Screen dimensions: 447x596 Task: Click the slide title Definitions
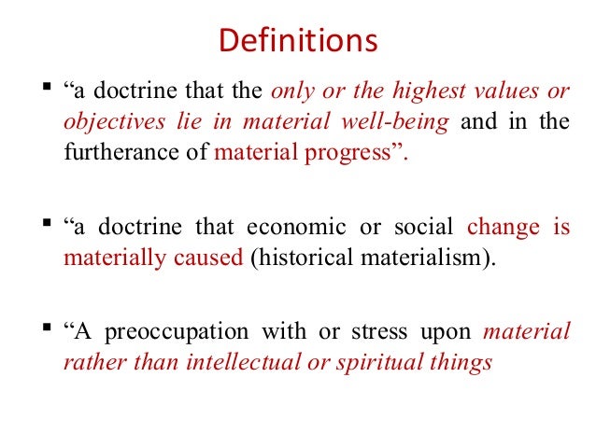click(x=297, y=42)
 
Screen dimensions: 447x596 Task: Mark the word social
click(x=421, y=227)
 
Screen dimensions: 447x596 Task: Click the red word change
click(x=503, y=227)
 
